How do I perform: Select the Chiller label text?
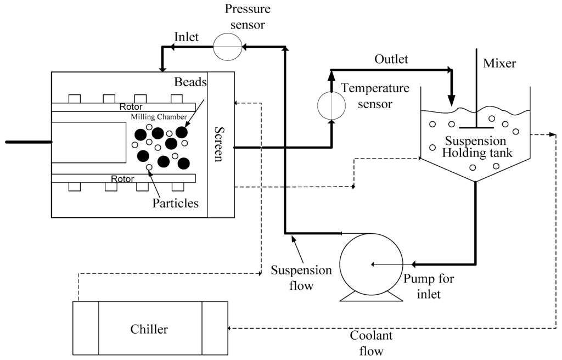[x=149, y=329]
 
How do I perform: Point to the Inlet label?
[x=188, y=36]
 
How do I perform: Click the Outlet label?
[x=391, y=59]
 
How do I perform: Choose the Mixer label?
[x=499, y=63]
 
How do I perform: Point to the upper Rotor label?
[x=131, y=106]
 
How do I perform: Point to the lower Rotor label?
[x=122, y=178]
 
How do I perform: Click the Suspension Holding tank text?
[x=475, y=147]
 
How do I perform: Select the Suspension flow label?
[x=301, y=278]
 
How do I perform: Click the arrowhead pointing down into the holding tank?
[x=452, y=101]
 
